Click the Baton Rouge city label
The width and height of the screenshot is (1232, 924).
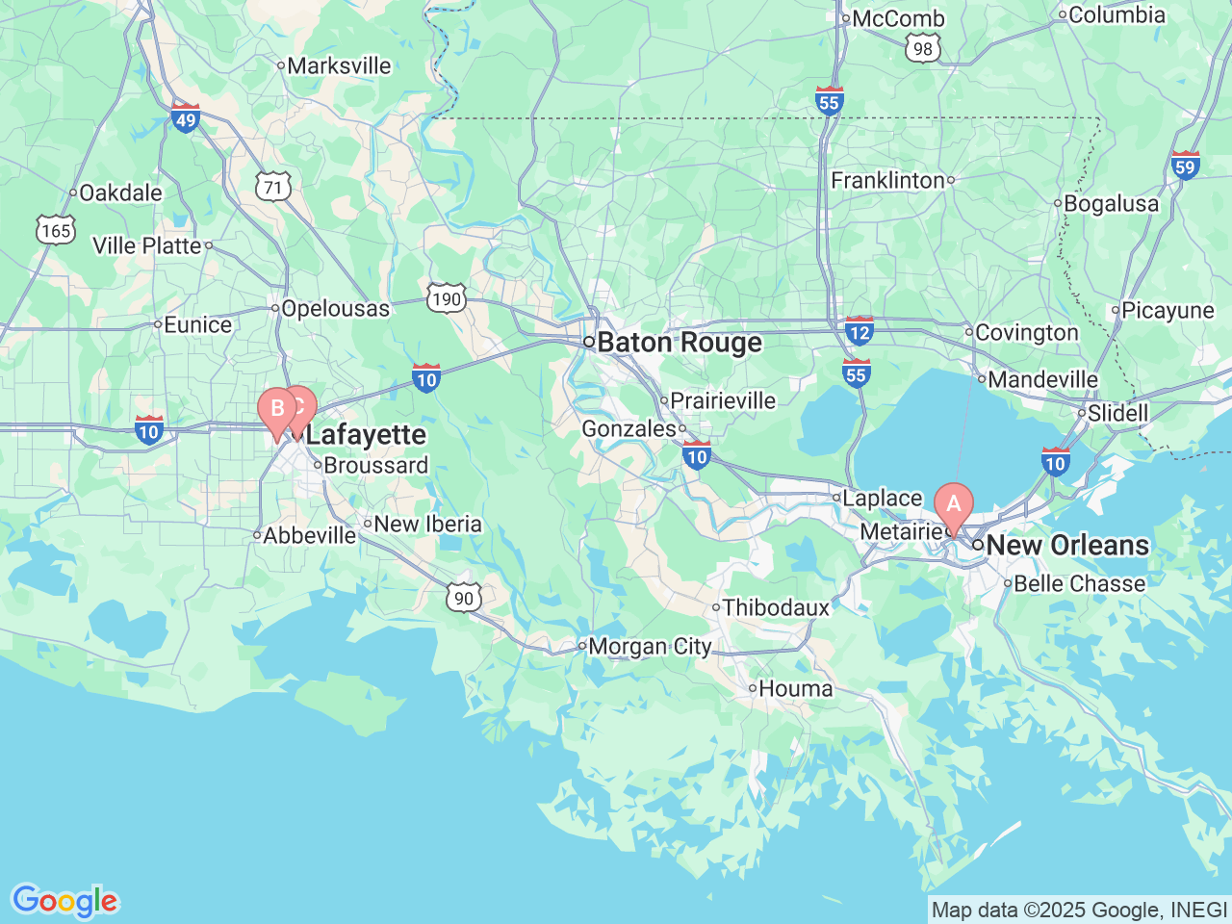pyautogui.click(x=680, y=343)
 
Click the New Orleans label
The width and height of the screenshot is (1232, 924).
pyautogui.click(x=1067, y=545)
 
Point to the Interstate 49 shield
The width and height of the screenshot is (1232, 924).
pyautogui.click(x=186, y=118)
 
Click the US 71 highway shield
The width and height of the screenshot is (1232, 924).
pyautogui.click(x=273, y=187)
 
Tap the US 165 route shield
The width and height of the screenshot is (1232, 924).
pyautogui.click(x=56, y=230)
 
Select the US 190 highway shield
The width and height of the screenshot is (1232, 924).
pyautogui.click(x=447, y=299)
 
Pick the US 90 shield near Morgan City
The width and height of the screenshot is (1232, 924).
pyautogui.click(x=464, y=598)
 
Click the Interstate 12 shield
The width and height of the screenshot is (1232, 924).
pyautogui.click(x=859, y=332)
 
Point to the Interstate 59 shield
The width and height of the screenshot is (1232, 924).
pyautogui.click(x=1185, y=166)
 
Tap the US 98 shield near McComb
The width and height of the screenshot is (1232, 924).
pyautogui.click(x=923, y=49)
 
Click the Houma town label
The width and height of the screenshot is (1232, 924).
pyautogui.click(x=795, y=688)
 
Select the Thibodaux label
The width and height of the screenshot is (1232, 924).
pyautogui.click(x=776, y=607)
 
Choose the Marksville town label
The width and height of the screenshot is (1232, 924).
pyautogui.click(x=339, y=65)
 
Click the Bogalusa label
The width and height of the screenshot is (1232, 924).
pyautogui.click(x=1111, y=204)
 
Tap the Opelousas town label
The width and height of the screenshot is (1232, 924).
pyautogui.click(x=335, y=309)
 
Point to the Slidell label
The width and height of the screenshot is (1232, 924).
pyautogui.click(x=1117, y=413)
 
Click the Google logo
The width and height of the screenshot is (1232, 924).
pyautogui.click(x=64, y=901)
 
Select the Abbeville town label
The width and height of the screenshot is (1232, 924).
pyautogui.click(x=309, y=535)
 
